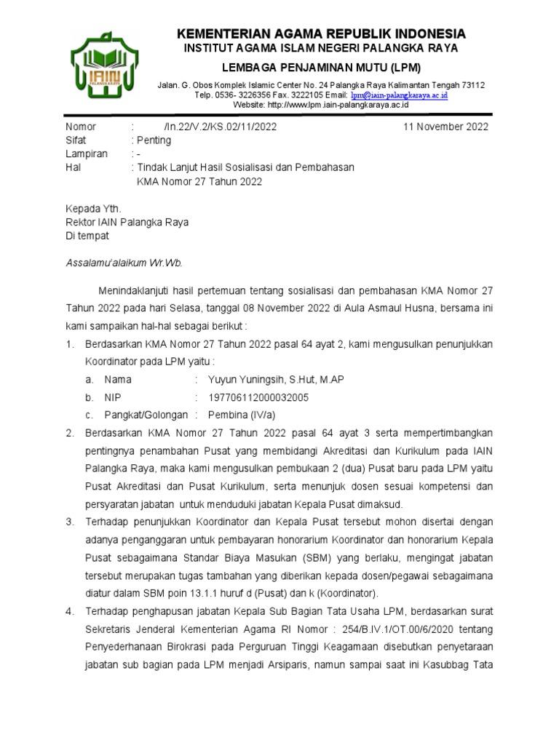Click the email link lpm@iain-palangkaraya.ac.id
(399, 95)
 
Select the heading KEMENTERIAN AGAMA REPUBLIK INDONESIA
(321, 34)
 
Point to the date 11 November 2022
(446, 127)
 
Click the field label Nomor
(80, 127)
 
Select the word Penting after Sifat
(154, 140)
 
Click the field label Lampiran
(87, 154)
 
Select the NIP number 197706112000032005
(258, 397)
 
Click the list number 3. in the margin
(70, 522)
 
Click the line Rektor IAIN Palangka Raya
(127, 223)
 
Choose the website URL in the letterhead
(321, 105)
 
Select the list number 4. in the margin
(70, 611)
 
